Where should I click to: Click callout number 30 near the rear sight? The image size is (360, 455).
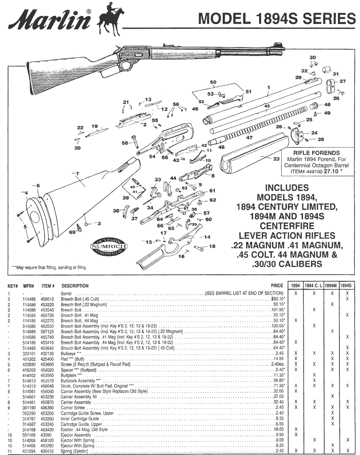click(x=313, y=58)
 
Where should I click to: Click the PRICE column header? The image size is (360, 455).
click(x=276, y=286)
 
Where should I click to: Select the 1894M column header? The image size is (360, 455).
click(x=330, y=286)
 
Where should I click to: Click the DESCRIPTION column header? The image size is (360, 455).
click(x=75, y=286)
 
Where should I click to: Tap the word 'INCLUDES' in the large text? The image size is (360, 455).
click(x=287, y=188)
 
